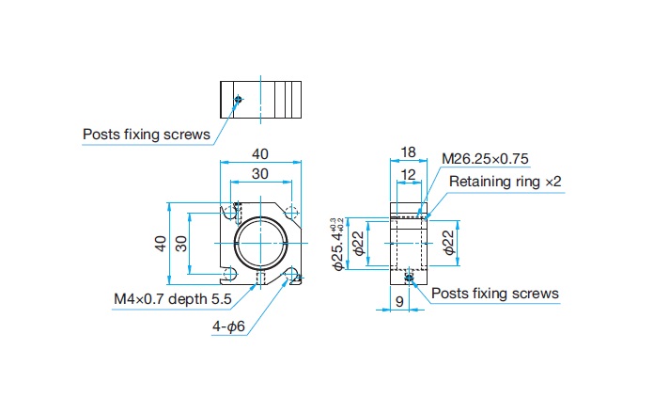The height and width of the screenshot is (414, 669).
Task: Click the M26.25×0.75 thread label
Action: (x=485, y=159)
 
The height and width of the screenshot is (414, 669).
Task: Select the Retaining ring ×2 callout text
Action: (x=506, y=182)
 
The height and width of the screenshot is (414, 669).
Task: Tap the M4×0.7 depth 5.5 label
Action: (x=173, y=298)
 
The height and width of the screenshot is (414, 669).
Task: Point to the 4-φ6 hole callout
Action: (x=228, y=326)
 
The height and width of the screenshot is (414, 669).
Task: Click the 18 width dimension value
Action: (x=409, y=152)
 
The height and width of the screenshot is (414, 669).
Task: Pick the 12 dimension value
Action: (x=409, y=174)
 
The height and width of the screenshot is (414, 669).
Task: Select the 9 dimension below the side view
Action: (x=399, y=302)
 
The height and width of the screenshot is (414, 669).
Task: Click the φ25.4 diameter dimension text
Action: (x=337, y=245)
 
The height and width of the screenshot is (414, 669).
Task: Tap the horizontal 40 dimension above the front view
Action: (x=260, y=153)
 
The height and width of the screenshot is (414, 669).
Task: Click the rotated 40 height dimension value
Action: (x=161, y=244)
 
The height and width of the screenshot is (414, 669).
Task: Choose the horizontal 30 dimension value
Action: (x=260, y=174)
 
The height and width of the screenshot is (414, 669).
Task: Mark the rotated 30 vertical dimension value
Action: (x=181, y=244)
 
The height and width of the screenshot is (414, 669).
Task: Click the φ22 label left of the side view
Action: (x=359, y=244)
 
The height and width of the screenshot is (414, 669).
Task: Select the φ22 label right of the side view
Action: (x=449, y=243)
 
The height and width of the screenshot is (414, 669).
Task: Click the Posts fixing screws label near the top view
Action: (x=147, y=135)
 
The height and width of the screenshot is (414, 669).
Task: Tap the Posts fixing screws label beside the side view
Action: (x=495, y=293)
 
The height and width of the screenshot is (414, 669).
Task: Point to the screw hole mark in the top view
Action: (x=239, y=100)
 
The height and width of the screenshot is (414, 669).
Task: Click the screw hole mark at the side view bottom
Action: (x=409, y=279)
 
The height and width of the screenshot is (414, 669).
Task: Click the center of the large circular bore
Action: (x=260, y=244)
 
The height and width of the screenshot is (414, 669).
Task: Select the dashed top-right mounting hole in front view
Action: (x=291, y=212)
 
